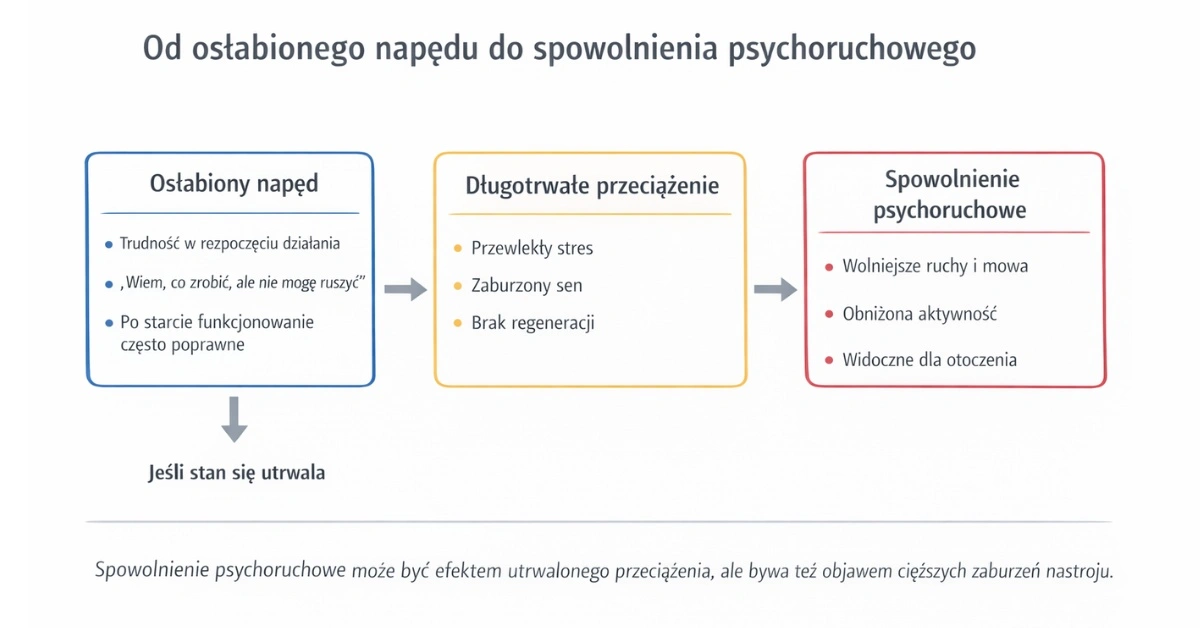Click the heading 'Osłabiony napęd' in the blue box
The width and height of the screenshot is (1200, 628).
[x=234, y=184]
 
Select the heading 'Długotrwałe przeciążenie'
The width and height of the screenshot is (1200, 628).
[x=592, y=186]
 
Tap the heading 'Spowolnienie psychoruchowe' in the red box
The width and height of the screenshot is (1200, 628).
[x=951, y=195]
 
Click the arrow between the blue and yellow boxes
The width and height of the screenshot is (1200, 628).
[x=405, y=290]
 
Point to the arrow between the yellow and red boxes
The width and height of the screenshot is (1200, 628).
[x=775, y=290]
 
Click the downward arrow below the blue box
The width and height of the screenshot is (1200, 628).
[x=234, y=419]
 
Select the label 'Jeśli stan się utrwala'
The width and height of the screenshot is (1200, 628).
[x=236, y=473]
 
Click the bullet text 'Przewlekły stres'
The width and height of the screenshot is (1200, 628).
[x=532, y=248]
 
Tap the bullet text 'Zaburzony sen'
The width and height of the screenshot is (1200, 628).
[x=527, y=286]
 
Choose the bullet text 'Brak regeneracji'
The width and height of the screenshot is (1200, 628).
[x=533, y=323]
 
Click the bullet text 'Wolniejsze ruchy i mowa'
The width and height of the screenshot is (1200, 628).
[x=935, y=266]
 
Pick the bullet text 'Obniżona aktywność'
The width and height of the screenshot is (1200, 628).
[x=920, y=314]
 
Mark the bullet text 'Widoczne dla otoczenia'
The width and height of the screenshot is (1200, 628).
[x=929, y=359]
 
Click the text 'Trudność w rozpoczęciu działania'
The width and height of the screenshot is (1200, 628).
[x=230, y=243]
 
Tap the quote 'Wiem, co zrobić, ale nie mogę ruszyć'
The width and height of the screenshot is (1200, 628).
[x=241, y=284]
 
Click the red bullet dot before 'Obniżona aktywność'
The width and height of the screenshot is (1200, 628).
[x=829, y=314]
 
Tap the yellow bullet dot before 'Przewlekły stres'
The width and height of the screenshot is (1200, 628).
[x=458, y=248]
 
